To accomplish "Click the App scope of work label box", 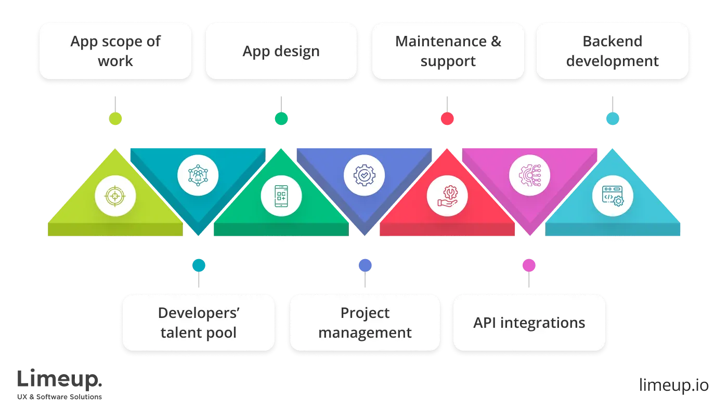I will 115,51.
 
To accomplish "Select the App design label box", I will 281,51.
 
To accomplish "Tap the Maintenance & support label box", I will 448,51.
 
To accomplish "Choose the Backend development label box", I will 612,51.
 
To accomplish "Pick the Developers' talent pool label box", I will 198,323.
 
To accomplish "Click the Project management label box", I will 365,323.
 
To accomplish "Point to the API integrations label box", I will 529,323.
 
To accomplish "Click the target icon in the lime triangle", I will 115,196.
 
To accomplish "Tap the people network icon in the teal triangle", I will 198,175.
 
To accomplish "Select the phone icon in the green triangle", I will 281,196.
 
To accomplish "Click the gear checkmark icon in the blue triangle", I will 364,175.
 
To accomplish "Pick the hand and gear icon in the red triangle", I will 447,196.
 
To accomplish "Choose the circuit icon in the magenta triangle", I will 529,175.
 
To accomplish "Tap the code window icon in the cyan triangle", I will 613,196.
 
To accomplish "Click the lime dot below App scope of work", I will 115,119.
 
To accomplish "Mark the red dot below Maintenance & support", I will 447,119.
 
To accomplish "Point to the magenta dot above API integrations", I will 529,265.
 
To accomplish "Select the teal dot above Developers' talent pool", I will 199,265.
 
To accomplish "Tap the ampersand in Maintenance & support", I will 496,41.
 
